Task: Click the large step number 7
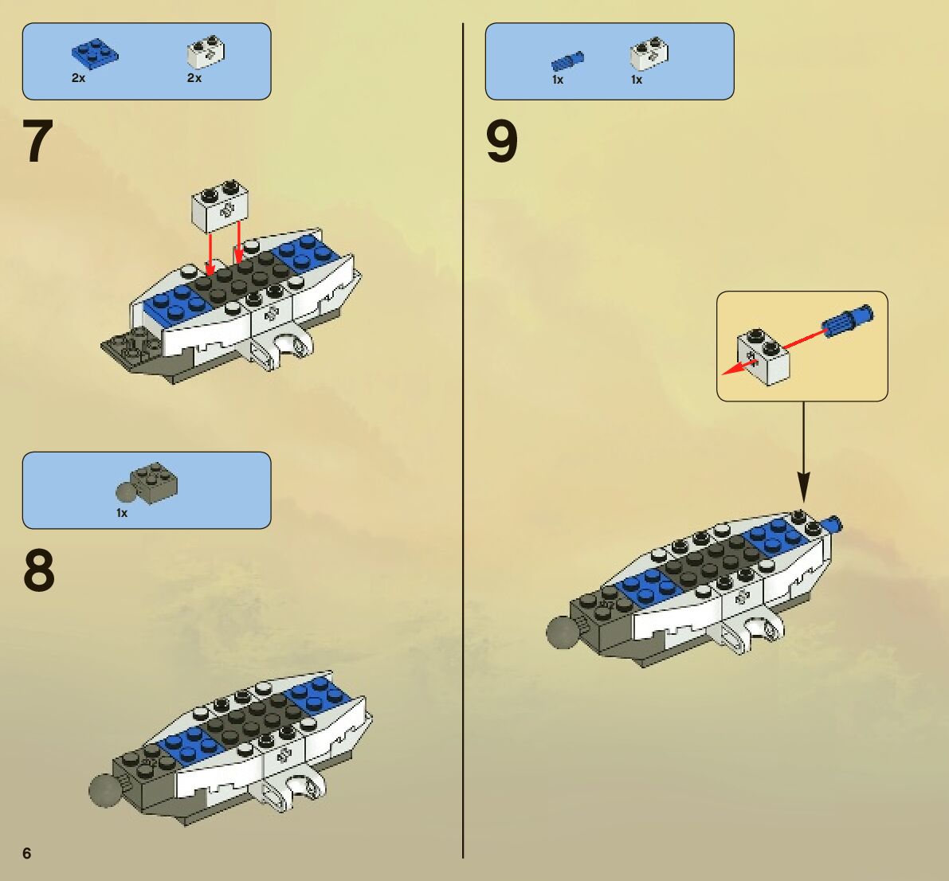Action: pos(37,142)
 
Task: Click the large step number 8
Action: pos(38,571)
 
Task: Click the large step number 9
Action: pos(502,142)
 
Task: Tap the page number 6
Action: pos(27,853)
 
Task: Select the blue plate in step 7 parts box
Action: pos(94,53)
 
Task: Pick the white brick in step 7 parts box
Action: pos(205,52)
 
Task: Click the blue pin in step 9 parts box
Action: pos(567,61)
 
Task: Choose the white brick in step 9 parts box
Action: pos(649,54)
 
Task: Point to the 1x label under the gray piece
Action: pos(122,513)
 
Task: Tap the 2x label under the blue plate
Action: pos(78,78)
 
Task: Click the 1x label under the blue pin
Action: pos(558,80)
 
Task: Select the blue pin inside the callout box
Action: pos(847,320)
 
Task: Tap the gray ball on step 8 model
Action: pos(105,791)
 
